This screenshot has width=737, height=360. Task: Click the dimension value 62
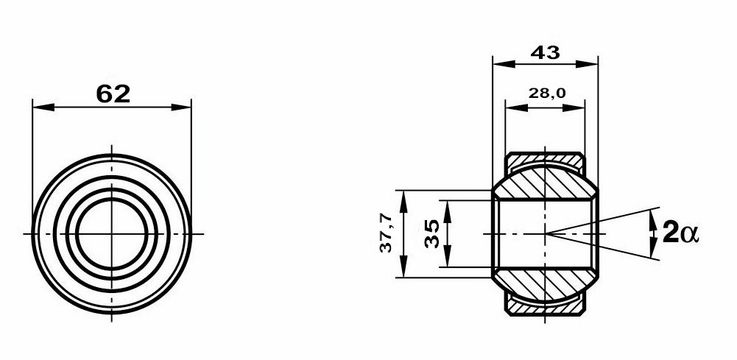(x=113, y=94)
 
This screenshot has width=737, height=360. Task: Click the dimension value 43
(x=546, y=52)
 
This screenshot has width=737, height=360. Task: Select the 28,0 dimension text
(x=546, y=93)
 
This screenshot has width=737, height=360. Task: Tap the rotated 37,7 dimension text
(x=386, y=233)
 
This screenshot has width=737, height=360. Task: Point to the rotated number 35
(x=431, y=233)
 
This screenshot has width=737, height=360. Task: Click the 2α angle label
(x=680, y=233)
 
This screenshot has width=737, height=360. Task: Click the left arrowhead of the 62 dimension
(x=43, y=107)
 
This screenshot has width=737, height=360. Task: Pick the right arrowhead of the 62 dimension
(x=181, y=107)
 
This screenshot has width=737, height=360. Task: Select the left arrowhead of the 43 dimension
(x=504, y=64)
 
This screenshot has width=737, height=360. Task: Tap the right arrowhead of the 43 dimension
(x=587, y=64)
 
